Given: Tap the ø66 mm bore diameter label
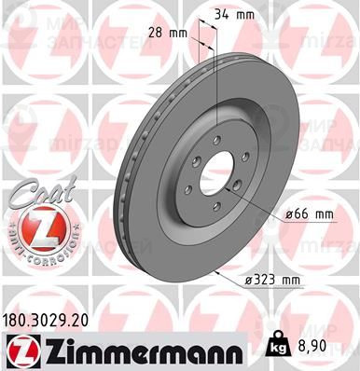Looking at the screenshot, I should [x=311, y=213].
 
